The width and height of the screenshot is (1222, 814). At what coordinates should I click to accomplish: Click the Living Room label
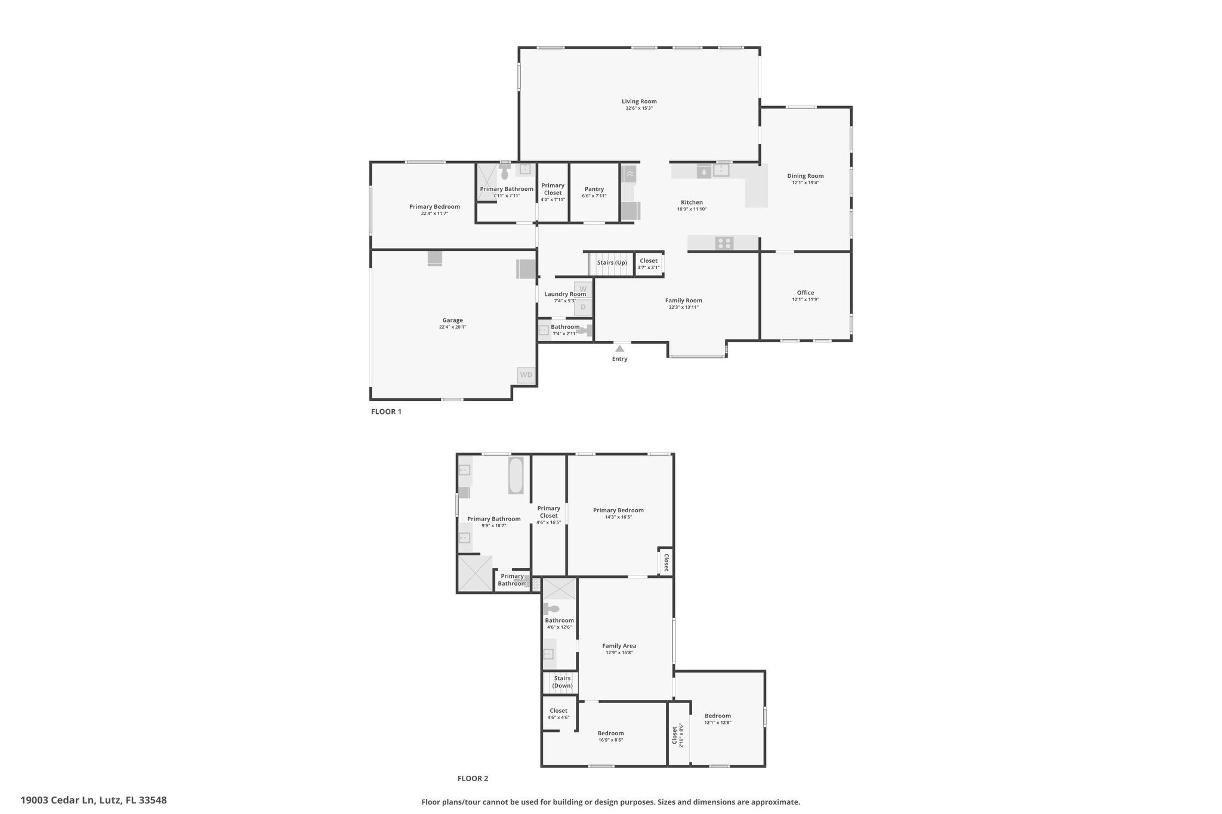[639, 101]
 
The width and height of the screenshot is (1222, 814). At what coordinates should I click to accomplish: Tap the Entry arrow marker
[620, 349]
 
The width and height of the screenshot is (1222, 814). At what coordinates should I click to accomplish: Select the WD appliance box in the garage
[526, 374]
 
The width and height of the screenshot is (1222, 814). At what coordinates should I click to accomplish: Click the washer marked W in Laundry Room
[583, 289]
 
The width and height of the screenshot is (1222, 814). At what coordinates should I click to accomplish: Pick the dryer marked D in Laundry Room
[583, 307]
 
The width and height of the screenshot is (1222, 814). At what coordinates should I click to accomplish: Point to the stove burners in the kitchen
[724, 243]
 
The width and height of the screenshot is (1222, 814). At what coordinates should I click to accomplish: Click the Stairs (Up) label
[612, 262]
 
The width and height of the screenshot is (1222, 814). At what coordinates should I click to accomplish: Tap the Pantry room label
[594, 189]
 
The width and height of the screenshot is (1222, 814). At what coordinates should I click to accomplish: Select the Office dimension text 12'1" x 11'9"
[806, 299]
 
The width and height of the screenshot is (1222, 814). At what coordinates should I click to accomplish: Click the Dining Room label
[806, 176]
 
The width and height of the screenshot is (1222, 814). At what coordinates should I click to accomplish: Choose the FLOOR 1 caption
[386, 411]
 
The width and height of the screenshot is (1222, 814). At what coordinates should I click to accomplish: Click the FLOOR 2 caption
[473, 778]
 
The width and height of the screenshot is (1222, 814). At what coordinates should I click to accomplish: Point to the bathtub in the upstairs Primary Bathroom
[516, 475]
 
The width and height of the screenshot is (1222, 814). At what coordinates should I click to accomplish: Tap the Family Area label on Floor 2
[619, 646]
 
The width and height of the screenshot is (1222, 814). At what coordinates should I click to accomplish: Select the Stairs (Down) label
[562, 682]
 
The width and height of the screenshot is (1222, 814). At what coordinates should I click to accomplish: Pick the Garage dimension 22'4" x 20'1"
[452, 327]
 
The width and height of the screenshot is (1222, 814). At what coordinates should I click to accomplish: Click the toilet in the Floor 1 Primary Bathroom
[505, 172]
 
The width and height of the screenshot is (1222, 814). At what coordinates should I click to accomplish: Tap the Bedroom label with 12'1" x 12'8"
[717, 716]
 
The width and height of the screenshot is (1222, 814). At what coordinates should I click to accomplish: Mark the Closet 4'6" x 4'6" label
[558, 711]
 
